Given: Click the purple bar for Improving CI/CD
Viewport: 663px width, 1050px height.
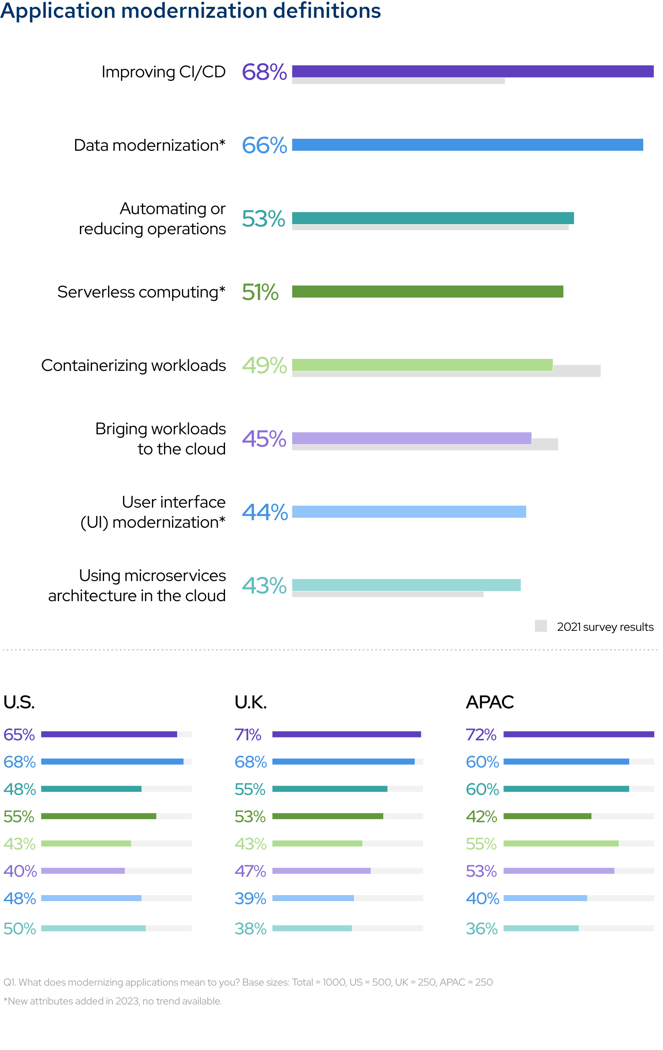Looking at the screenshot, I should point(472,71).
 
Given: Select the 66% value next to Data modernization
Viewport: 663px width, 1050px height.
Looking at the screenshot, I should point(264,145).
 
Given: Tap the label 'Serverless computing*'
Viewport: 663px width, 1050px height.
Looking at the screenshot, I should point(141,292).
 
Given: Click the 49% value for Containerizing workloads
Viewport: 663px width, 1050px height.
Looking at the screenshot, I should point(264,365).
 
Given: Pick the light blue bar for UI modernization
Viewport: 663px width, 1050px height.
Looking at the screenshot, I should point(409,511).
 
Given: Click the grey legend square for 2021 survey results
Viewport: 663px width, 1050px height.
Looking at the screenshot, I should point(540,626).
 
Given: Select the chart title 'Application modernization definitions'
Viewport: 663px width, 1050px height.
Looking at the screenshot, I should point(190,10).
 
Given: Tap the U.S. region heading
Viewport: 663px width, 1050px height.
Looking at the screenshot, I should point(19,702).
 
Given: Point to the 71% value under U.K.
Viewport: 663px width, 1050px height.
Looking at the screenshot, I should point(248,735).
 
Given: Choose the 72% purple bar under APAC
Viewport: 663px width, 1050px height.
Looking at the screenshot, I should point(578,734).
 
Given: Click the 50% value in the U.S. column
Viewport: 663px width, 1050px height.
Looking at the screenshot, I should point(20,929).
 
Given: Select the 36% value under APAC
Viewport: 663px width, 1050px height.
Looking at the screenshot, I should point(481,929).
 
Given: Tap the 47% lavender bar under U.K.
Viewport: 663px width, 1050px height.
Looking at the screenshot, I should point(321,871).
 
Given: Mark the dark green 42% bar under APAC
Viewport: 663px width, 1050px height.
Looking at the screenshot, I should point(547,816).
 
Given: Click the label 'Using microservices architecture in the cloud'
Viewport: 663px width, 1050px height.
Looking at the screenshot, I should point(137,586).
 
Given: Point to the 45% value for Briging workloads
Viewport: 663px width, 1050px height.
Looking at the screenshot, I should point(264,439).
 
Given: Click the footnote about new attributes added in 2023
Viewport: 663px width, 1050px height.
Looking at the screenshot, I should point(113,1001).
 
